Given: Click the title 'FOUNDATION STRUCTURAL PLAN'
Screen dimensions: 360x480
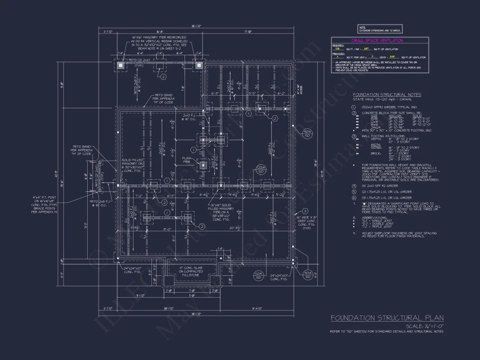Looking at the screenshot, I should click(387, 318).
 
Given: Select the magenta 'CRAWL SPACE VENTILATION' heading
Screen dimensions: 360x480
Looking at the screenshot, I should click(380, 41).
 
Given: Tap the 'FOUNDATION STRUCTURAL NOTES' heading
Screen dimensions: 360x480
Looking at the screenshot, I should click(387, 95).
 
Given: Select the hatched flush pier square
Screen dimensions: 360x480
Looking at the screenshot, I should click(203, 165).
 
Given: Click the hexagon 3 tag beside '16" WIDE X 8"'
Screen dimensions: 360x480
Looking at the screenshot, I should click(305, 212).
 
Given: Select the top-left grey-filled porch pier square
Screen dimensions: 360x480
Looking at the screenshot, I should click(121, 65).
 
